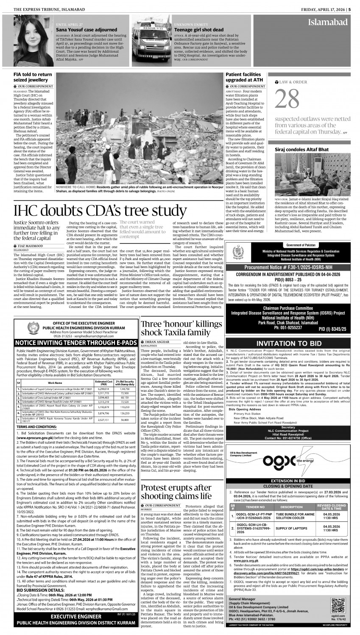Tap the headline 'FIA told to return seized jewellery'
34,77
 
